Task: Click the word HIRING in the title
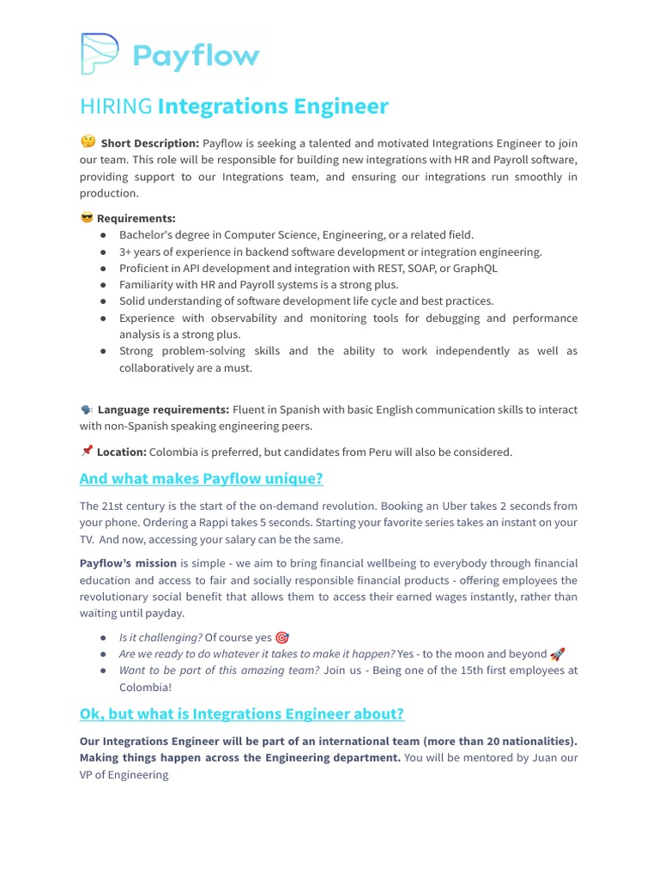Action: tap(116, 106)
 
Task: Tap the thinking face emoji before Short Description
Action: tap(88, 142)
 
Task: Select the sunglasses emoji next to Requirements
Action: tap(86, 218)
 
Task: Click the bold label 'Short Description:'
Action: tap(150, 143)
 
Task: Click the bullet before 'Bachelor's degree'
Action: tap(103, 235)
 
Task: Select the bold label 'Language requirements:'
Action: tap(163, 409)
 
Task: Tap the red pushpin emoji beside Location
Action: tap(87, 451)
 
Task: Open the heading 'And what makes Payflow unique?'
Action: tap(201, 479)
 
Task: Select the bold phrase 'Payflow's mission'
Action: tap(128, 563)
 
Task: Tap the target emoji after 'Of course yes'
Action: tap(282, 638)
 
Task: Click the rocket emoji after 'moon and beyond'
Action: tap(557, 654)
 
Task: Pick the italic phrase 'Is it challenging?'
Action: tap(160, 638)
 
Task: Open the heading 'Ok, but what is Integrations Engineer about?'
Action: tap(241, 714)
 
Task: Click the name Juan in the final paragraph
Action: tap(544, 758)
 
